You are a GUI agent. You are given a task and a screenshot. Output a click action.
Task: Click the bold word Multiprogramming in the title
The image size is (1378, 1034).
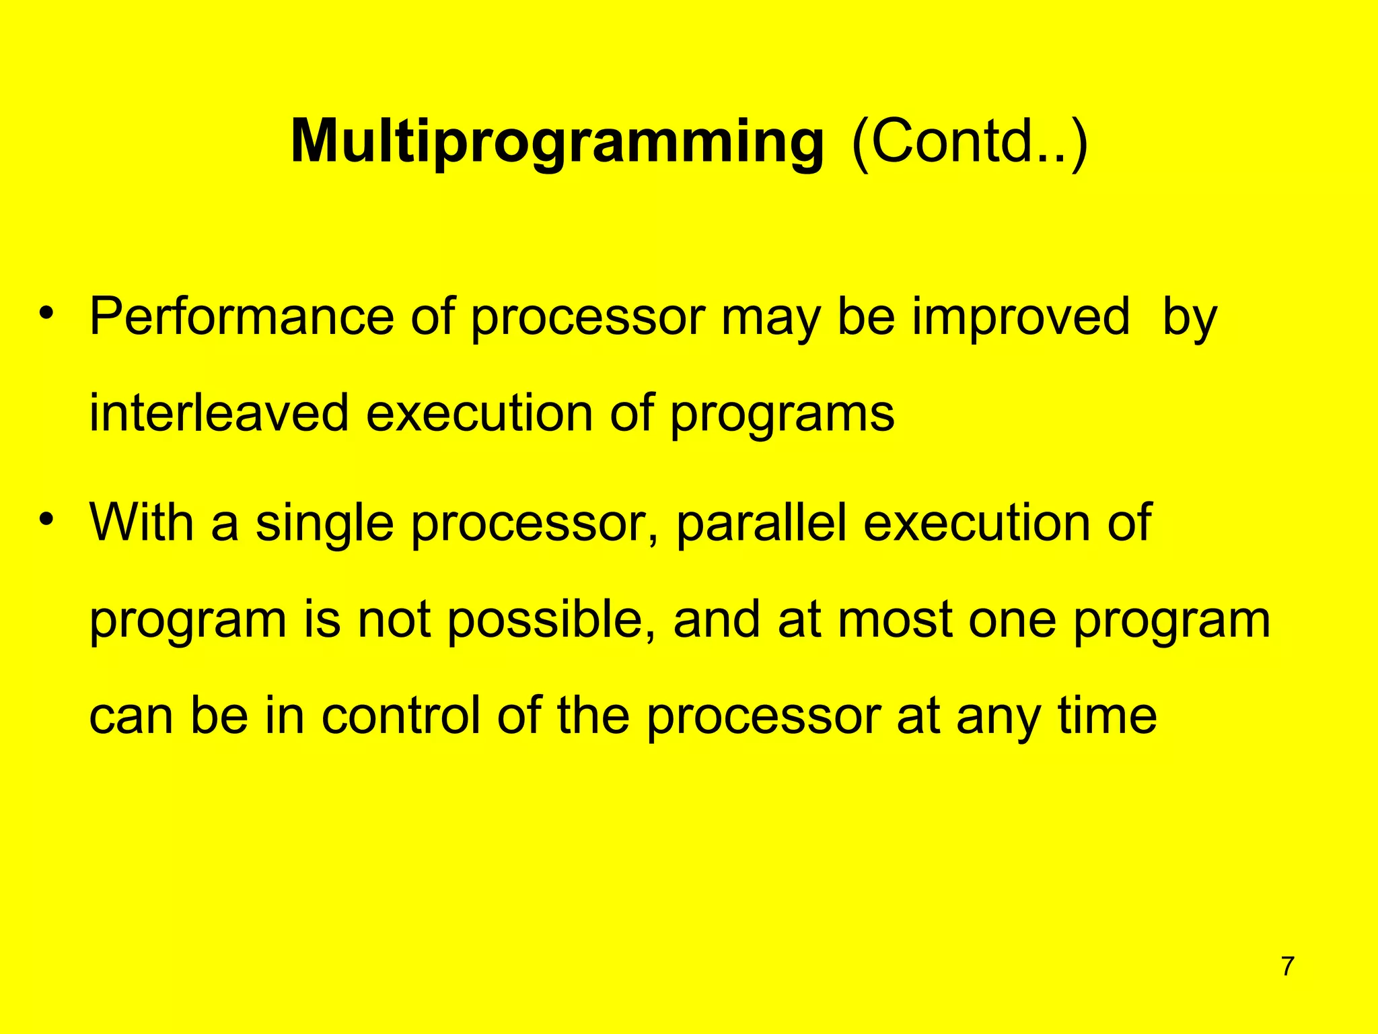point(556,143)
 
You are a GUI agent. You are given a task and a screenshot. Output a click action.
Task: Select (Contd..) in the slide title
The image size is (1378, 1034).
point(969,143)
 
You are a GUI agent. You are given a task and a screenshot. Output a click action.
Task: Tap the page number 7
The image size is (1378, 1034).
point(1287,967)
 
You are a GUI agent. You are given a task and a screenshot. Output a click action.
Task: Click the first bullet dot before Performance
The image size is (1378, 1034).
point(46,314)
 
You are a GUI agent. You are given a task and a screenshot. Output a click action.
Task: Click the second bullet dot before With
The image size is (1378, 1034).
point(46,520)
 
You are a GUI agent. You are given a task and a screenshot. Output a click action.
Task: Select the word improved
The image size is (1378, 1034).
point(1021,317)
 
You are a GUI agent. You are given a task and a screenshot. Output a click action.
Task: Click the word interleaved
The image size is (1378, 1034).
point(219,413)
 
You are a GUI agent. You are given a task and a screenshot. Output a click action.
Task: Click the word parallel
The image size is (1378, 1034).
point(761,524)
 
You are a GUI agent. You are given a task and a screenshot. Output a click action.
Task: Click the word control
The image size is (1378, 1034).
point(401,716)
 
